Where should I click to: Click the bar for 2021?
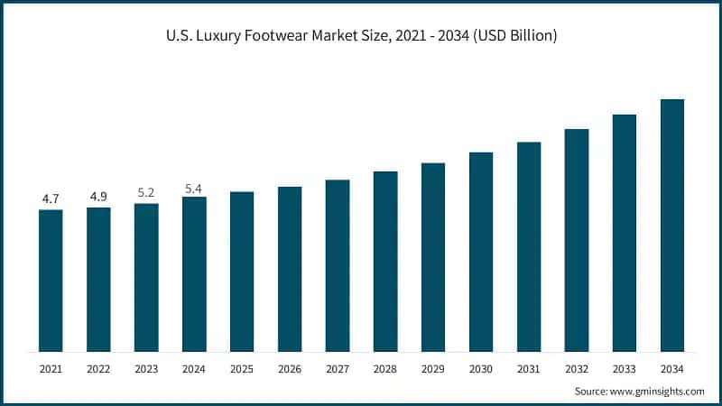51,281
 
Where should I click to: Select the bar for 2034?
672,226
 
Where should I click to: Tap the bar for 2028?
385,262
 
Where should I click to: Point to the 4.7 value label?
51,198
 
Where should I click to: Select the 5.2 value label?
146,192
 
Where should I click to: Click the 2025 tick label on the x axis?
242,368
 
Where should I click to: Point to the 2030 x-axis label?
481,368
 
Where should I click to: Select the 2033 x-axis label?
625,368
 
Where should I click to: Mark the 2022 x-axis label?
98,368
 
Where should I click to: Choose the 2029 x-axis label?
433,368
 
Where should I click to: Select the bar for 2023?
146,278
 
